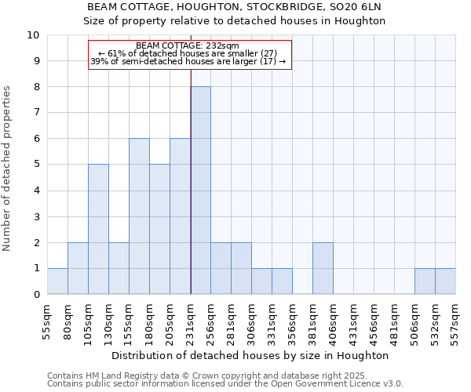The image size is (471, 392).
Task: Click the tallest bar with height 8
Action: (x=200, y=191)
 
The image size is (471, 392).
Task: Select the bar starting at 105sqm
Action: (x=98, y=229)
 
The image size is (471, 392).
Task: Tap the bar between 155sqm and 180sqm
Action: (x=139, y=216)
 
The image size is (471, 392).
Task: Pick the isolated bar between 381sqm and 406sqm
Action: (x=323, y=268)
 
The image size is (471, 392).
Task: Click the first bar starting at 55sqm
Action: (x=57, y=281)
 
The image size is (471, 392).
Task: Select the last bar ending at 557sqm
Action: (x=445, y=281)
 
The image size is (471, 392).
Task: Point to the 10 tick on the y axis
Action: (x=34, y=35)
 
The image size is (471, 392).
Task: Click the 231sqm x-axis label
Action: (x=191, y=320)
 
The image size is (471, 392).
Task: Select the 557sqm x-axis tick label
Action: (x=456, y=320)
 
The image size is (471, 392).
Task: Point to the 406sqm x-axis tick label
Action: (x=334, y=320)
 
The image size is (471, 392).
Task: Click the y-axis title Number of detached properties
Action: (x=8, y=169)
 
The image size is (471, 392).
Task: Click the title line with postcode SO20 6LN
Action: (x=235, y=7)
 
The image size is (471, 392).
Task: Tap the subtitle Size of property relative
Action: (x=235, y=21)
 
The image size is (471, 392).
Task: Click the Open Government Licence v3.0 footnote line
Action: (x=225, y=384)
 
